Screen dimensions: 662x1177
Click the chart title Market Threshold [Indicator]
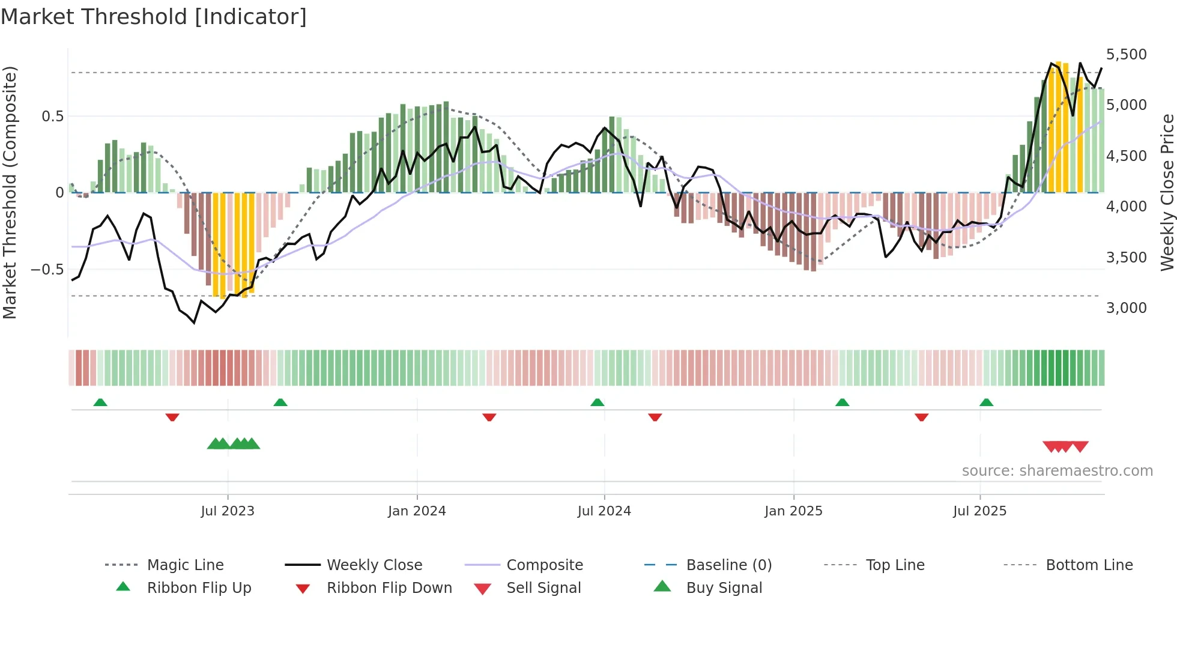(154, 17)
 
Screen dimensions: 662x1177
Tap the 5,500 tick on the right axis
(1126, 55)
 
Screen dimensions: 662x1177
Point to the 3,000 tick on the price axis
(1126, 308)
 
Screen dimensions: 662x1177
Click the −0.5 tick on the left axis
(47, 270)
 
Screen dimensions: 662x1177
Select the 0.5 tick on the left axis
(52, 117)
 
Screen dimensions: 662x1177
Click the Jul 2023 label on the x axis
(228, 511)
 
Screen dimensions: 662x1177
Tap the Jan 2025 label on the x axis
(793, 511)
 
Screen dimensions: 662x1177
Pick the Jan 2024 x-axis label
(417, 511)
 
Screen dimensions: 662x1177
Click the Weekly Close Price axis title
(1167, 192)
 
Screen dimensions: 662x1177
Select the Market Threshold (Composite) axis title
(10, 192)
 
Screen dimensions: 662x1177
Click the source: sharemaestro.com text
(1057, 471)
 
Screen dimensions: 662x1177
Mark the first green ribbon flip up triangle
(100, 402)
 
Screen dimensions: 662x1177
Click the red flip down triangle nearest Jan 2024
(489, 417)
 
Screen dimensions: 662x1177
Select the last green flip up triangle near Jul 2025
(986, 402)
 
